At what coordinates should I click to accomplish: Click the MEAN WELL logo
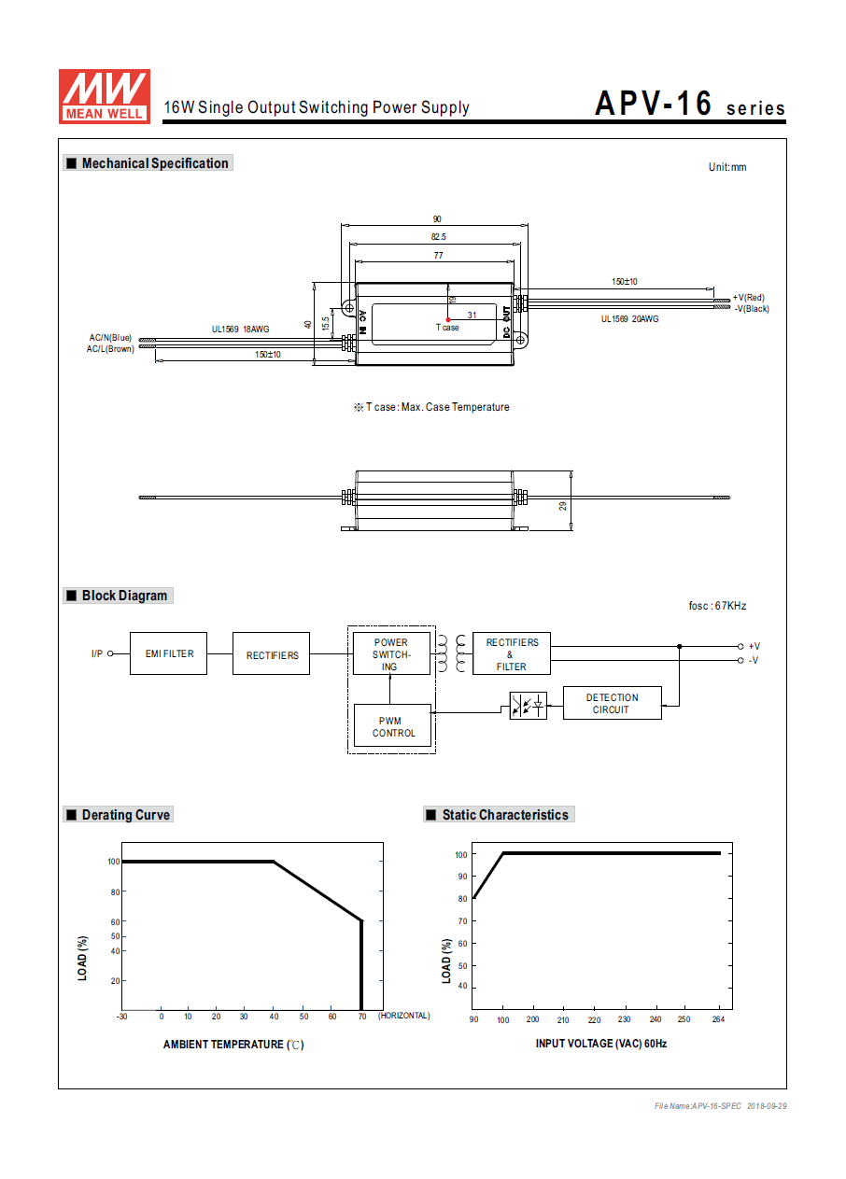[x=104, y=95]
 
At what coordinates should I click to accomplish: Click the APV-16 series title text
[x=690, y=105]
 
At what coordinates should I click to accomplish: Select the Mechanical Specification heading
[x=154, y=163]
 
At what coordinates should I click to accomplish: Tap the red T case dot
[x=448, y=319]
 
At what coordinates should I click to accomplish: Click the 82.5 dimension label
[x=438, y=237]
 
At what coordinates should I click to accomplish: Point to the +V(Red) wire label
[x=748, y=298]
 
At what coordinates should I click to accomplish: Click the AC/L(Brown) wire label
[x=110, y=349]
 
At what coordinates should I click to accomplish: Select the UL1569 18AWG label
[x=240, y=329]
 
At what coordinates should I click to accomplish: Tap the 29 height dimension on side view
[x=563, y=505]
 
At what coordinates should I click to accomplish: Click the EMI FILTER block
[x=169, y=653]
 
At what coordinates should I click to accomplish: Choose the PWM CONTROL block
[x=393, y=726]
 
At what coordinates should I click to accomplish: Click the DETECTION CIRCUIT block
[x=612, y=704]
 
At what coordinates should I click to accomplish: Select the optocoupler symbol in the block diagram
[x=529, y=706]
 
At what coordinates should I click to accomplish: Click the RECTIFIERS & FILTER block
[x=511, y=654]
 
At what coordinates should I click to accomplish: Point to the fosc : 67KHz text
[x=717, y=606]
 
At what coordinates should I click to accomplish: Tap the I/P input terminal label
[x=97, y=653]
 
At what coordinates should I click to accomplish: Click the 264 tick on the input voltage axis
[x=716, y=1019]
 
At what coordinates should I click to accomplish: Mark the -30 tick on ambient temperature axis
[x=121, y=1016]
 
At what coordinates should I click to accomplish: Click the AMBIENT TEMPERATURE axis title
[x=233, y=1045]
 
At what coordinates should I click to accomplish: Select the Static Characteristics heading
[x=504, y=815]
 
